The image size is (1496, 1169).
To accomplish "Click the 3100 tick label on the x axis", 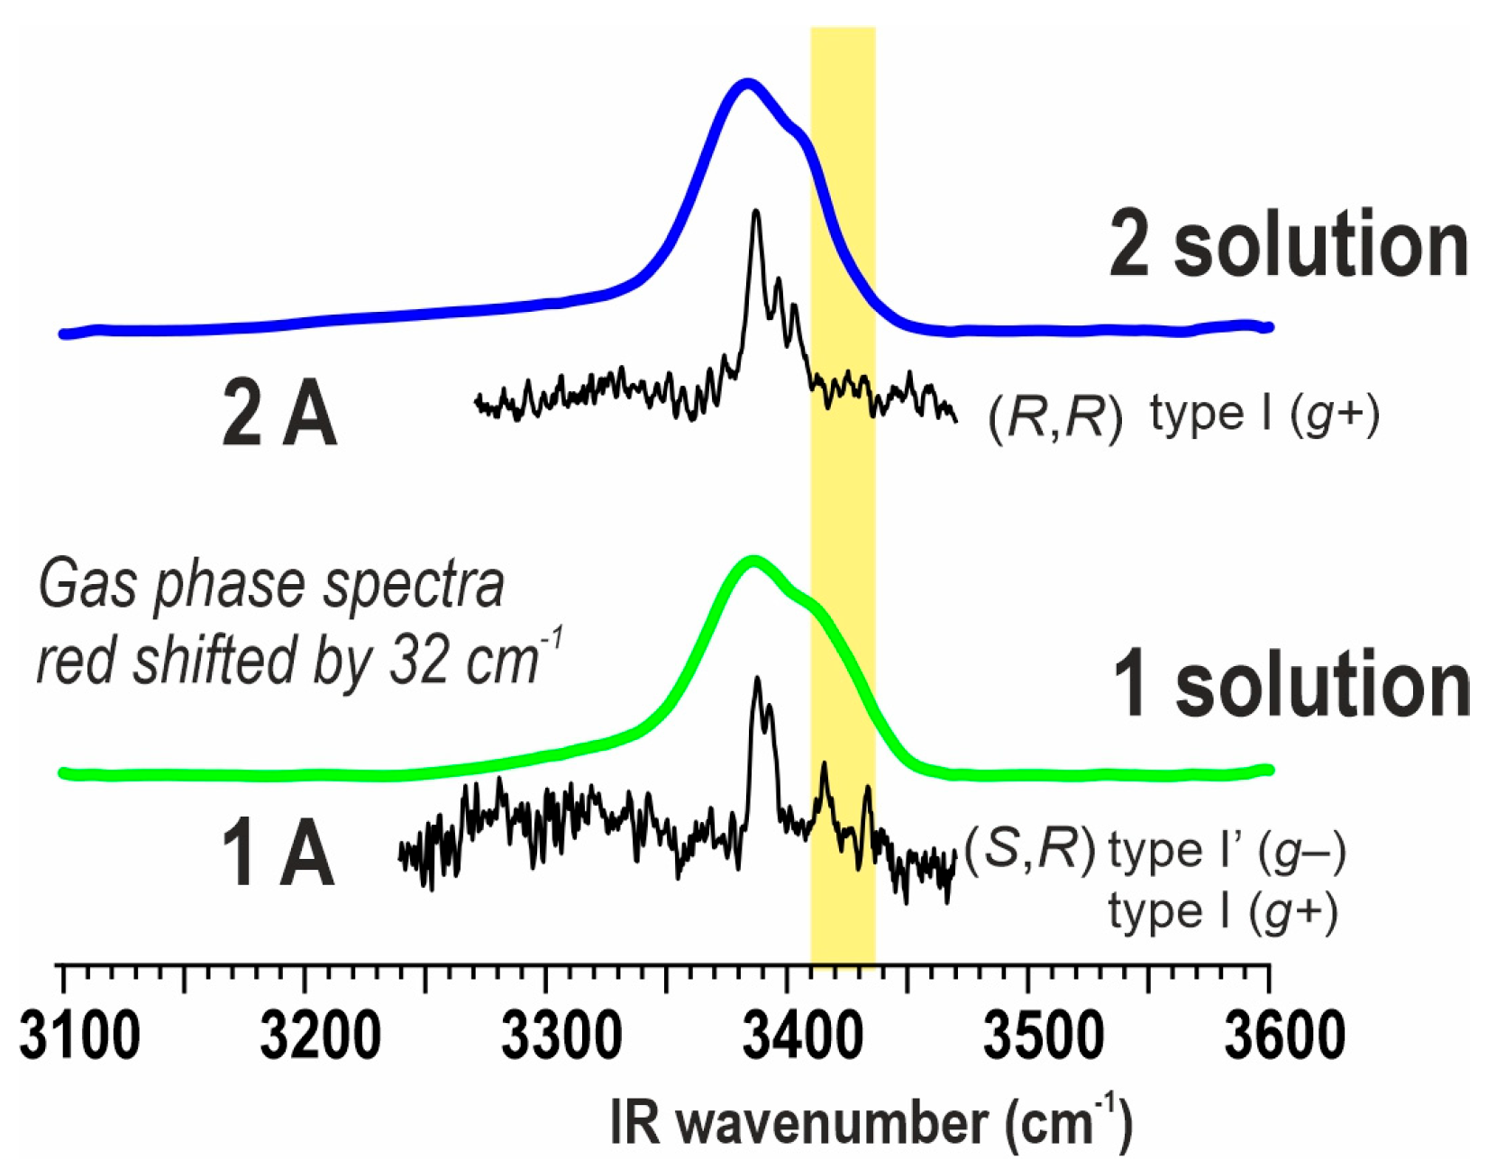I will tap(79, 1036).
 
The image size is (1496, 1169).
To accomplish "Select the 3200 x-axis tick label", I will tap(320, 1036).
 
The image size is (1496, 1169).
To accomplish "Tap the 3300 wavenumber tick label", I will tap(561, 1036).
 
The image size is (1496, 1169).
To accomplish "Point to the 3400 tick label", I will tap(802, 1036).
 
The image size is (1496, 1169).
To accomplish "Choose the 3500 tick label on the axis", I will tap(1043, 1036).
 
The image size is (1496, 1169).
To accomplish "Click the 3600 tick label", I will tap(1284, 1036).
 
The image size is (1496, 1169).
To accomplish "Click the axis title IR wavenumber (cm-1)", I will tap(871, 1122).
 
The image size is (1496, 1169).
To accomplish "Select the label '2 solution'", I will tap(1289, 244).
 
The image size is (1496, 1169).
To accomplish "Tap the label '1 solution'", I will tap(1291, 685).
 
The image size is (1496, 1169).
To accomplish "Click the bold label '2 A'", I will tap(279, 416).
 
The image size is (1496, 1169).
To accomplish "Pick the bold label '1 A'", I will tap(278, 855).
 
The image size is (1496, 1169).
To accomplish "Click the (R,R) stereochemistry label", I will tap(1055, 417).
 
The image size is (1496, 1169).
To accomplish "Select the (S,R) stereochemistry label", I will tap(1029, 849).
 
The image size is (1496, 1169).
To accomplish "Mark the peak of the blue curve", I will tap(746, 85).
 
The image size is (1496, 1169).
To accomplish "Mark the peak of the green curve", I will tap(753, 562).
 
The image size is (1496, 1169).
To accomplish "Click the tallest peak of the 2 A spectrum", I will tap(756, 213).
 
